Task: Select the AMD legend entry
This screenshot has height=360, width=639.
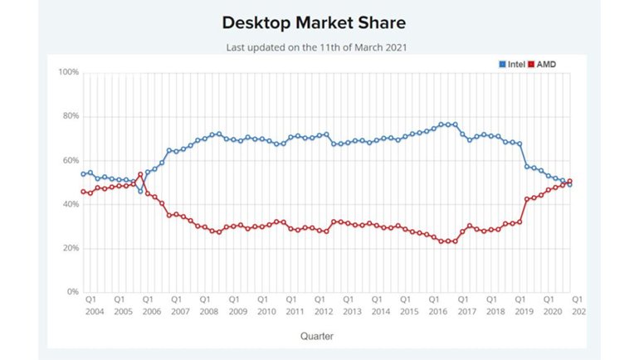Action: (544, 63)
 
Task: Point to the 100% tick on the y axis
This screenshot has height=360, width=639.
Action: (69, 72)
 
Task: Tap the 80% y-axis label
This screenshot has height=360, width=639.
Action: (71, 116)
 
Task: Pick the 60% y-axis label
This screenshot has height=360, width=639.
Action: (71, 160)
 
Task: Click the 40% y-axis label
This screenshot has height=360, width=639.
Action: (71, 204)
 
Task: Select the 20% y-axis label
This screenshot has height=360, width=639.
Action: (71, 248)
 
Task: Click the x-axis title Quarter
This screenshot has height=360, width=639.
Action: (319, 336)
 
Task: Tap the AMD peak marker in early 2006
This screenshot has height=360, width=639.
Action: (140, 174)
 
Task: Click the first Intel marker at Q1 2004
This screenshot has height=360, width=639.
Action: (84, 174)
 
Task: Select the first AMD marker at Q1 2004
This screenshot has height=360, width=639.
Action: (84, 192)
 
